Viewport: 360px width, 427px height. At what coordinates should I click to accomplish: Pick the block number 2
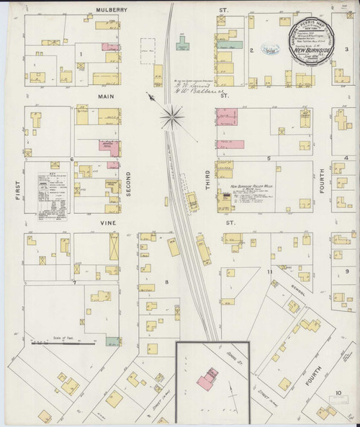tap(251, 50)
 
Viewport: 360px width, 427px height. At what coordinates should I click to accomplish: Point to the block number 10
tap(338, 394)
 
